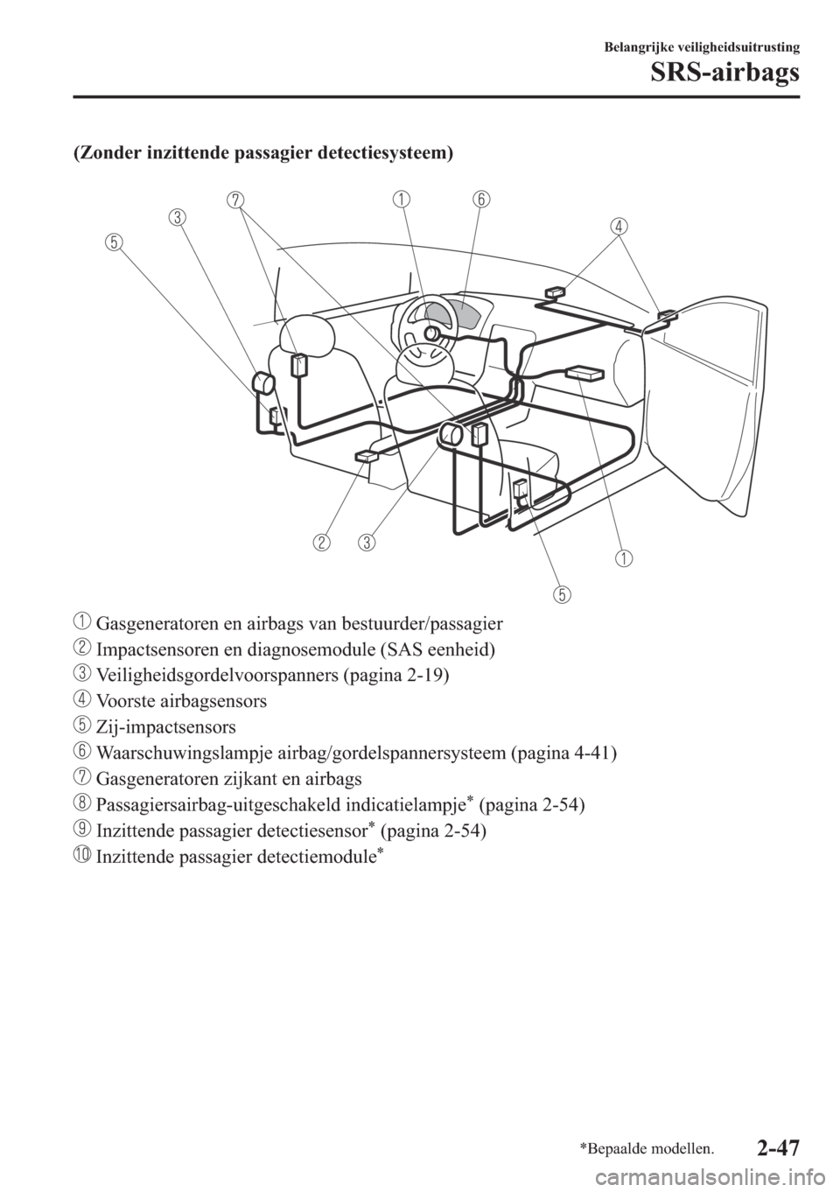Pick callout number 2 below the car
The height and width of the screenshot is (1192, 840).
click(x=324, y=543)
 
